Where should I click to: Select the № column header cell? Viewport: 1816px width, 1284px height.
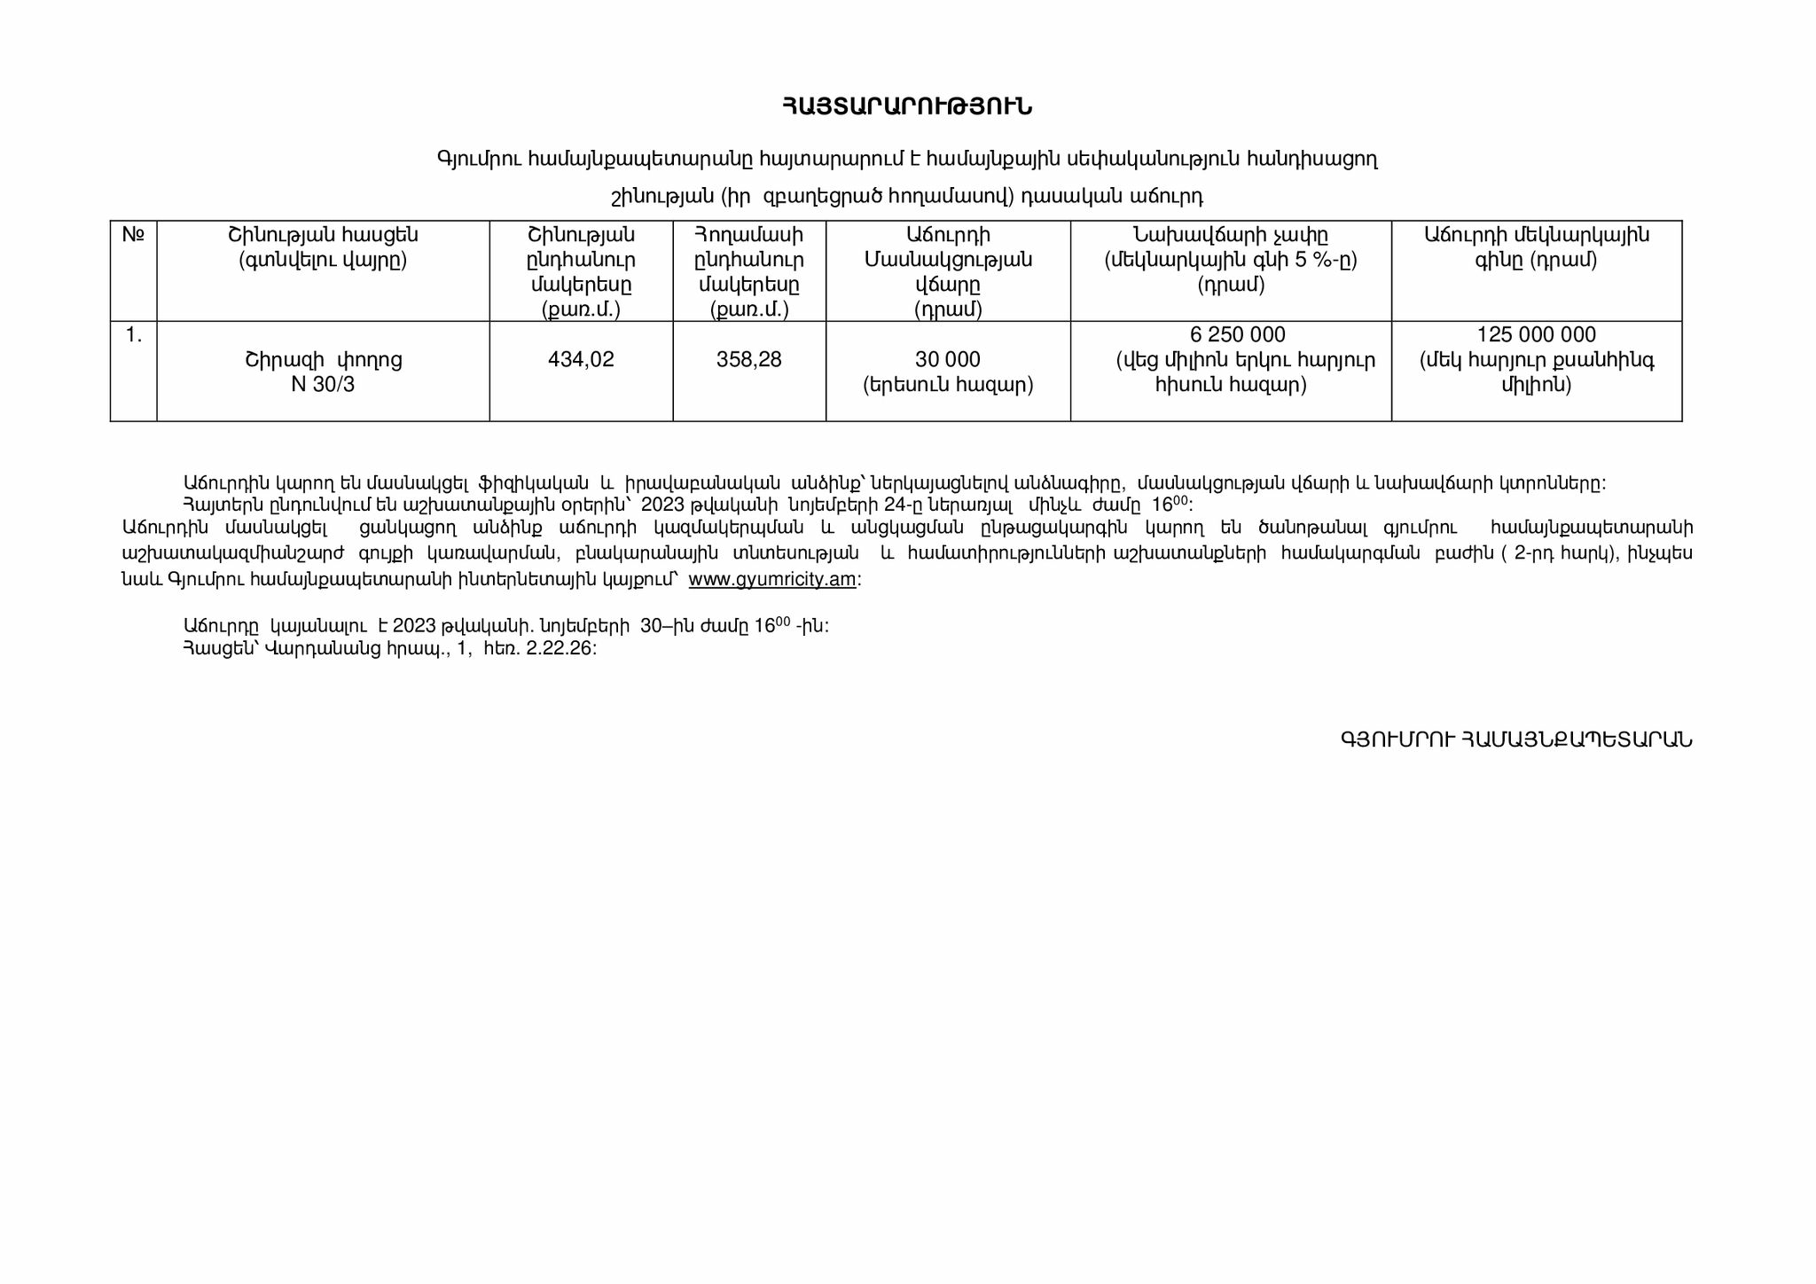(133, 235)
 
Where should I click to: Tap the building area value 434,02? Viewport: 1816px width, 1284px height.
(581, 360)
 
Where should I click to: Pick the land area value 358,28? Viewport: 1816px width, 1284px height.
(749, 360)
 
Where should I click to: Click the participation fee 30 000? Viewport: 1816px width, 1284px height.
(948, 360)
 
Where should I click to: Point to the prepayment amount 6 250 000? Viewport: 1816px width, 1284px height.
(1237, 335)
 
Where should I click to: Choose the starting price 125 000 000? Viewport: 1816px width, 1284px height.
(1536, 335)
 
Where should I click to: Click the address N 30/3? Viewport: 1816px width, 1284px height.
(323, 385)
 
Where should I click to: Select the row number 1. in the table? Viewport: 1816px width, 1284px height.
(133, 335)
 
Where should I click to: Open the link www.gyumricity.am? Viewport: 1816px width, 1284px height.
(771, 580)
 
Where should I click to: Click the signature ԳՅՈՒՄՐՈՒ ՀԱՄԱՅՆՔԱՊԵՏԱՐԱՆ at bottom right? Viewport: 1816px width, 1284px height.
(1516, 740)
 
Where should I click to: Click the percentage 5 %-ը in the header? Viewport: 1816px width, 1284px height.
(1327, 261)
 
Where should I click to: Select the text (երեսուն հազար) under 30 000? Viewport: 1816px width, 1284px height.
(948, 385)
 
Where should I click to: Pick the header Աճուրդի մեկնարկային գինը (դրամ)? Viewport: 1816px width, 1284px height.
(1536, 247)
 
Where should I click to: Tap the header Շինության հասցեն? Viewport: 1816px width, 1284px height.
(323, 235)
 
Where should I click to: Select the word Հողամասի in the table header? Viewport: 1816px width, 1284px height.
(749, 235)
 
